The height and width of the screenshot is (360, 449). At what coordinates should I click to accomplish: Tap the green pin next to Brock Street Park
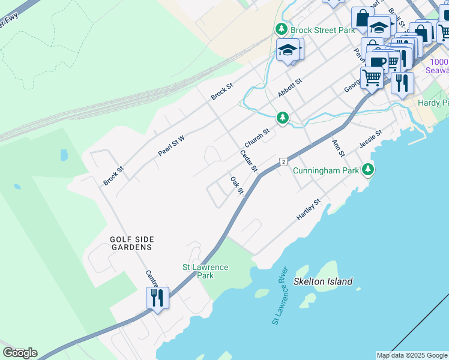(281, 29)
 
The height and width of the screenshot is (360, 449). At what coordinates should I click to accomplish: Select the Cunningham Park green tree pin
(368, 170)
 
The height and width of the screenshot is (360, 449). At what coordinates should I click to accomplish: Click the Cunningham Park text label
(326, 170)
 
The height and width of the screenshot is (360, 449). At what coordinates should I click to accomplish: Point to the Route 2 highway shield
(282, 162)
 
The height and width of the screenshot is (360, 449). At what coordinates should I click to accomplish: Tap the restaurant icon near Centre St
(157, 298)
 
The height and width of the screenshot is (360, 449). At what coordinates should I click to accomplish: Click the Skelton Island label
(323, 281)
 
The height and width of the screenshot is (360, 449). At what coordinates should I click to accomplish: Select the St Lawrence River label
(281, 296)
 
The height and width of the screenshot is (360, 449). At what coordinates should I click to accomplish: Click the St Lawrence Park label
(205, 271)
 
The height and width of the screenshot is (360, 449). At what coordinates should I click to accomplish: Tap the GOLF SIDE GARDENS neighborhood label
(131, 243)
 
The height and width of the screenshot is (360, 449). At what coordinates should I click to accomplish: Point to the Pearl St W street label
(171, 145)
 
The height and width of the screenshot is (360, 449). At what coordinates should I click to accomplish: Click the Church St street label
(257, 138)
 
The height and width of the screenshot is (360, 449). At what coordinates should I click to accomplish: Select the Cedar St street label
(249, 160)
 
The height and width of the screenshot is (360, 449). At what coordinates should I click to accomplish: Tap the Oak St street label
(237, 185)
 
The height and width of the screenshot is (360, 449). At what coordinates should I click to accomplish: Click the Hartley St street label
(309, 210)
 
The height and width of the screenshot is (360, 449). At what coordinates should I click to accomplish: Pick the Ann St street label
(338, 148)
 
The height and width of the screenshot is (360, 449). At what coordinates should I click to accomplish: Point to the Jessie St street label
(370, 139)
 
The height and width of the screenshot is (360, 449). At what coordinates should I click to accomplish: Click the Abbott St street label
(289, 88)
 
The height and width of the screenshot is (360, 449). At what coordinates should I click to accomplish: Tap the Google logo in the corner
(20, 353)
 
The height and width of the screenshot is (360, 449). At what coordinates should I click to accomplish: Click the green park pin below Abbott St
(282, 118)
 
